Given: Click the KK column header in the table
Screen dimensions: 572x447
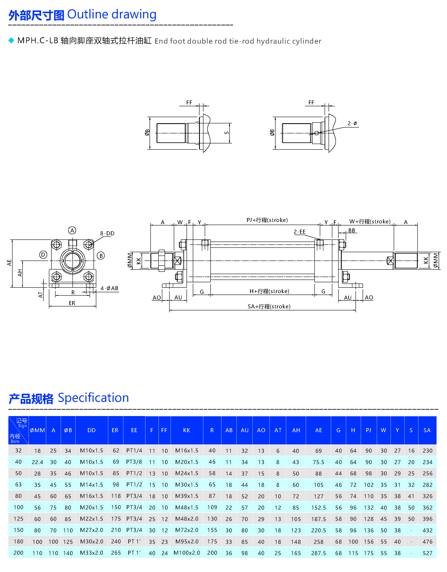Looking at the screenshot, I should [187, 430].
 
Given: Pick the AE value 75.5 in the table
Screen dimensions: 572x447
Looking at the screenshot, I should [318, 462].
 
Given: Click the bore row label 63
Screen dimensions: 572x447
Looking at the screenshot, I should [18, 485].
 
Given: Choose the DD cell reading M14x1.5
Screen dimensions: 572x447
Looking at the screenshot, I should [91, 485].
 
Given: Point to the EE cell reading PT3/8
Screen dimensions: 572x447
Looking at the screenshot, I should [134, 462].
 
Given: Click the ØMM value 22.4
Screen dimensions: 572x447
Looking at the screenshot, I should [37, 462].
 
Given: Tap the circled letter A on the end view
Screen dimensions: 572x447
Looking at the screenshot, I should [72, 230].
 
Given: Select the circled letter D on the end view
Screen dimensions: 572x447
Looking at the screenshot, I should [43, 254].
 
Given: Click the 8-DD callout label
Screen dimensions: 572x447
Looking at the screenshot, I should [107, 233].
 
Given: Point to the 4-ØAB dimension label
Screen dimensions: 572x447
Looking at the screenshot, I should [109, 288].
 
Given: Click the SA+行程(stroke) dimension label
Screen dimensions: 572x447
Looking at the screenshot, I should [269, 306].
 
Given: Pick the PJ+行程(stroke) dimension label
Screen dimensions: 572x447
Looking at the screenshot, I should [267, 220].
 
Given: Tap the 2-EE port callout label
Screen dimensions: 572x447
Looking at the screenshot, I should [300, 232].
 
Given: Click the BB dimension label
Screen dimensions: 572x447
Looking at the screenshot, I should [352, 230].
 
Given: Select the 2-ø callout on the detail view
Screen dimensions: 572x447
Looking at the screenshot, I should [352, 123].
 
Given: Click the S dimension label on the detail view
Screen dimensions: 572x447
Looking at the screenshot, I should [227, 133].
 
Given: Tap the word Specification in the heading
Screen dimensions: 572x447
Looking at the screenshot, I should [93, 398].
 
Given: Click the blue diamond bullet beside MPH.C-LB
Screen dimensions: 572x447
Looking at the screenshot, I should [11, 40].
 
